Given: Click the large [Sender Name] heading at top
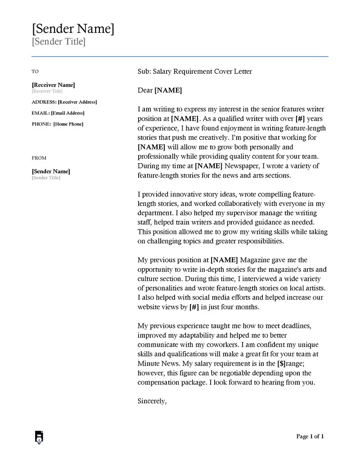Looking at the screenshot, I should (73, 29).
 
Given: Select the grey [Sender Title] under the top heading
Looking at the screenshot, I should (58, 42).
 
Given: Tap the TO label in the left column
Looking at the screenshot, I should (35, 72).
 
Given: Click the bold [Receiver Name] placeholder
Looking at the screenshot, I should (53, 85).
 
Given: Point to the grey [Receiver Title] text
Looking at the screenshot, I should (47, 91).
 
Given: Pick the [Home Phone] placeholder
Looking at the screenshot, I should (68, 124).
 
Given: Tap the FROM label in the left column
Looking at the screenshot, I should (39, 158).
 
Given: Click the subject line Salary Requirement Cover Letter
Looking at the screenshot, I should (202, 72).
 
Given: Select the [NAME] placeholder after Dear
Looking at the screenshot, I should (168, 90).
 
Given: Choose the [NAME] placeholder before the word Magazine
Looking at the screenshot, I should (224, 260).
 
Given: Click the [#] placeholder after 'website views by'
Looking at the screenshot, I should (194, 307).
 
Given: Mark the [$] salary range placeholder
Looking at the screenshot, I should (281, 363).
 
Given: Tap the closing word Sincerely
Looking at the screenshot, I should (152, 401).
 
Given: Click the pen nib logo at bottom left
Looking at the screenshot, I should (39, 437).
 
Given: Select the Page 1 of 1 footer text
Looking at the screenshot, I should (310, 436).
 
